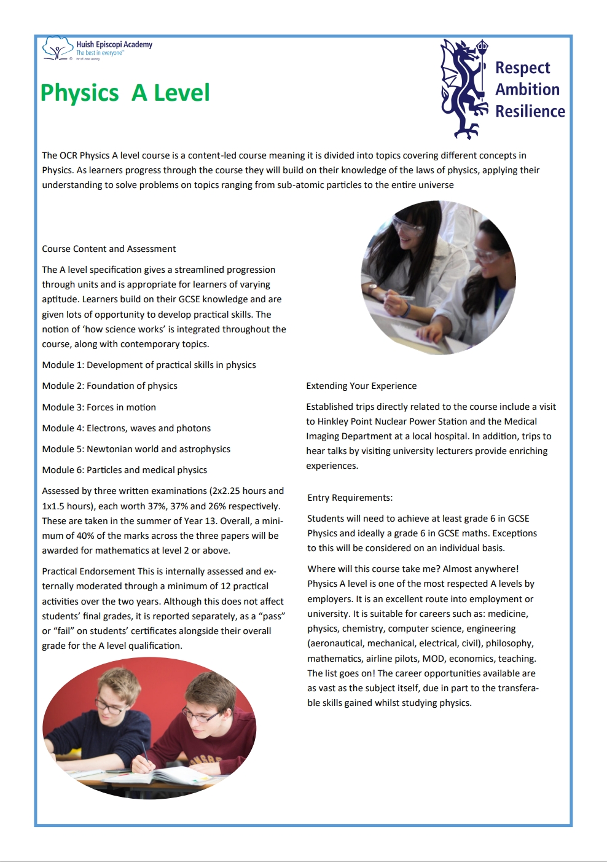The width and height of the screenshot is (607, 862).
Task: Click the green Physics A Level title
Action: (x=125, y=93)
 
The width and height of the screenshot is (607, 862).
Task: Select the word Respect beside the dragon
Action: (x=522, y=68)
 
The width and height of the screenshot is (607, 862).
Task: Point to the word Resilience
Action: (x=530, y=111)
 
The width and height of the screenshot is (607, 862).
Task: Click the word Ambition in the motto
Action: (x=527, y=90)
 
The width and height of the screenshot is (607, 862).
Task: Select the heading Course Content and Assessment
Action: (x=109, y=249)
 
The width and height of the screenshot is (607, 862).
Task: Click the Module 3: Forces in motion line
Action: (x=99, y=407)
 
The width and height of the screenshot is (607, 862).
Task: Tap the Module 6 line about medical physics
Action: (x=124, y=470)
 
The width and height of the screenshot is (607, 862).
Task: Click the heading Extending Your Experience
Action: (x=361, y=386)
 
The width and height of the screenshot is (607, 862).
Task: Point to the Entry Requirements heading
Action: (x=350, y=498)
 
